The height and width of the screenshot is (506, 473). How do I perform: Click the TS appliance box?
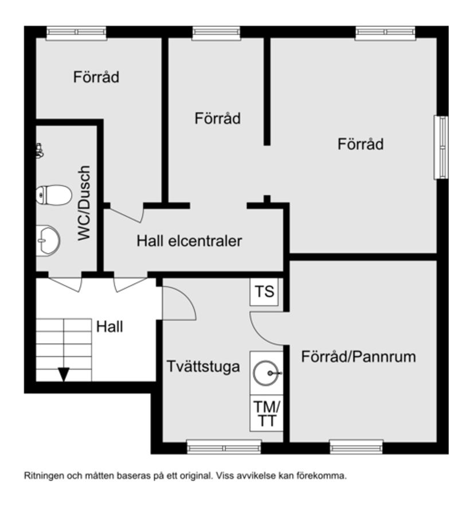point(265,292)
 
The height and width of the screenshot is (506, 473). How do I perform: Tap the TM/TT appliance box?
point(266,413)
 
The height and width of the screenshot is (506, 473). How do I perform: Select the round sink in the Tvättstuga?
point(267,373)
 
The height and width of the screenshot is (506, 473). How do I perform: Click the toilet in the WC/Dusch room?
point(52,196)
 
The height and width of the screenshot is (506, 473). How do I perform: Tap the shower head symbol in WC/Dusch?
point(40,151)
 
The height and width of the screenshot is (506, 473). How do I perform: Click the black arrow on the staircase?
point(64,374)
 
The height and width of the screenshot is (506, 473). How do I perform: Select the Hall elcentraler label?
point(189,241)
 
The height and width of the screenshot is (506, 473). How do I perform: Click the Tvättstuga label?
point(204,367)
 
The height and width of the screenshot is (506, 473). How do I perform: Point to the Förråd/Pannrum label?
point(358,357)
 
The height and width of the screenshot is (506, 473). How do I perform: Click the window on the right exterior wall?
point(441,147)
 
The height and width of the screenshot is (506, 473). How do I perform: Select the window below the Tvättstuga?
point(224,447)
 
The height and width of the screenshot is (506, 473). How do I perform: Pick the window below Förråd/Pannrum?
point(356,447)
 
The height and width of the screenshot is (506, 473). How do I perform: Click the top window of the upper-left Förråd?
point(76,32)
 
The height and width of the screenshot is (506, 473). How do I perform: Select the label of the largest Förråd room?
point(360,144)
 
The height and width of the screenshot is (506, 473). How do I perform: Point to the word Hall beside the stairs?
point(110,327)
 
